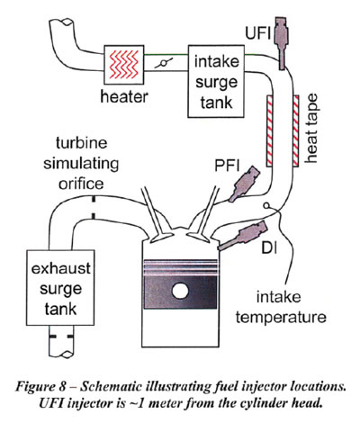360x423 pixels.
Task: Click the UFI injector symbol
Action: click(283, 44)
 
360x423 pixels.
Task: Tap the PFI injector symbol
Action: click(244, 184)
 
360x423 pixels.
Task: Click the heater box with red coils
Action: click(123, 65)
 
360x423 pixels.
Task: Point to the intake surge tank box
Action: click(216, 81)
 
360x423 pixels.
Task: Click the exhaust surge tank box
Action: click(60, 288)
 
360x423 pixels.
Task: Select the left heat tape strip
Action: click(270, 130)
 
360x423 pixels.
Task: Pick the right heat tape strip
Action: click(295, 130)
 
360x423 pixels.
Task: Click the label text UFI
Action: click(257, 32)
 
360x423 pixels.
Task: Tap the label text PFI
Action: click(227, 166)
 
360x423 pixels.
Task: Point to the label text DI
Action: click(269, 248)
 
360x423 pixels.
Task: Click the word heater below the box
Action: click(124, 96)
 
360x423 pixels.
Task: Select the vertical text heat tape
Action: click(311, 129)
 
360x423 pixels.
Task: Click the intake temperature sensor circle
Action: click(266, 205)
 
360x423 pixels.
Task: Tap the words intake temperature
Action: click(281, 307)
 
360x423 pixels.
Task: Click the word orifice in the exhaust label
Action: click(81, 184)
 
